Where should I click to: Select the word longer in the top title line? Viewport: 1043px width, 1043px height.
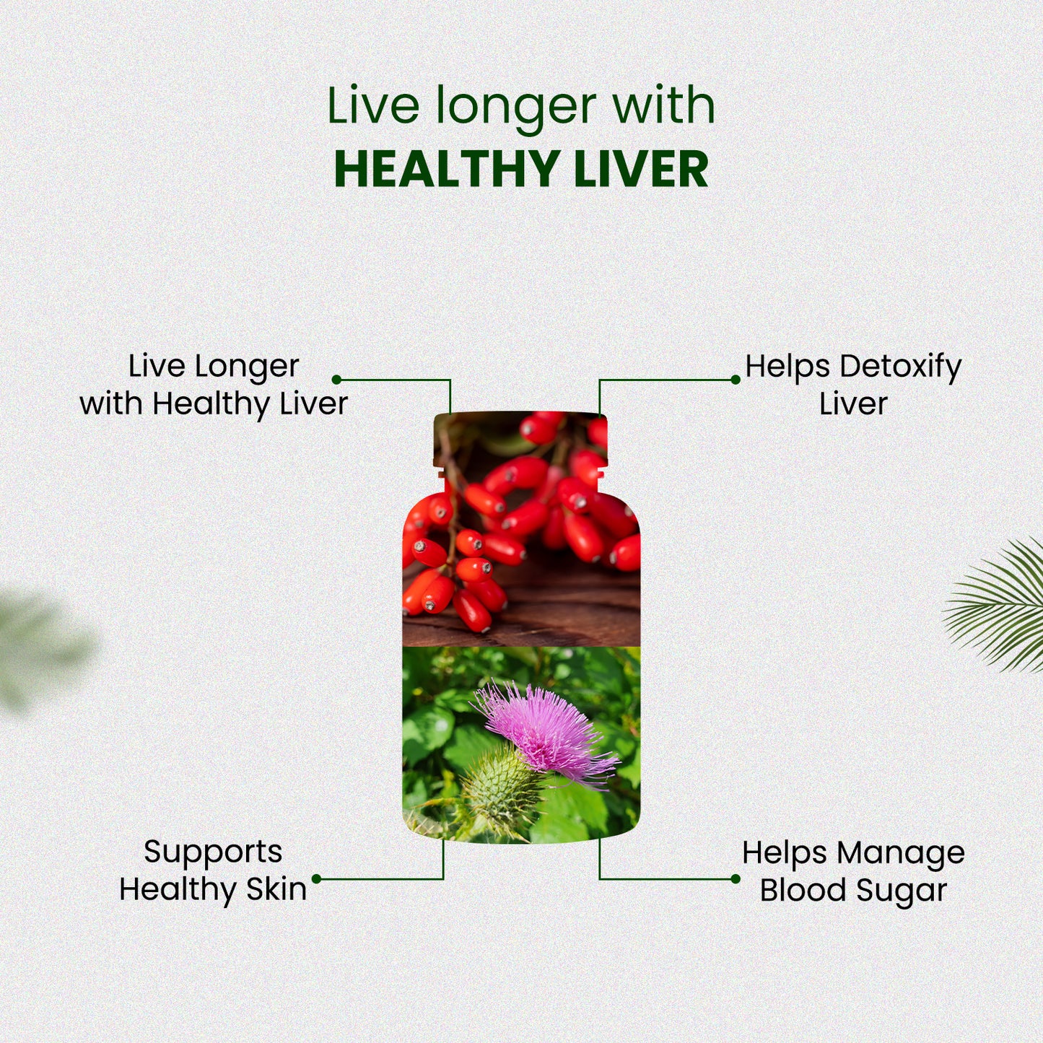coord(516,107)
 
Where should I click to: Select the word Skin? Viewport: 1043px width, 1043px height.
coord(276,889)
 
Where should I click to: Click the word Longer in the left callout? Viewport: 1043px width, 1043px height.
coord(248,367)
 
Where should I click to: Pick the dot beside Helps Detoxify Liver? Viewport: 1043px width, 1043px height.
coord(735,380)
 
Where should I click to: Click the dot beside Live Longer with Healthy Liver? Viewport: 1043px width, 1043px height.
coord(336,380)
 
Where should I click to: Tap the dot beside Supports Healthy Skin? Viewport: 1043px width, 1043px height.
coord(317,879)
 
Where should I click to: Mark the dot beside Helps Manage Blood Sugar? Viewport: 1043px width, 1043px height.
coord(735,879)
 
